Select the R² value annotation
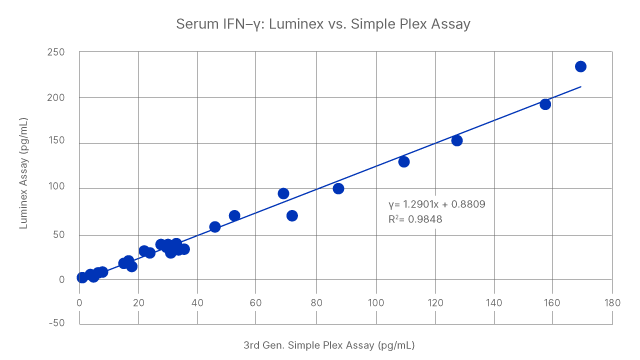[x=414, y=217]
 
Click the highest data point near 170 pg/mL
[x=581, y=67]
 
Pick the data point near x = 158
[x=546, y=103]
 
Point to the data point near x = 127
[x=457, y=141]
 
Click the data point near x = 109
[x=404, y=161]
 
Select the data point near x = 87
[x=338, y=189]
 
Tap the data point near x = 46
[x=215, y=227]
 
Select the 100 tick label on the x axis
[x=376, y=301]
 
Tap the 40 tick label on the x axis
[x=198, y=301]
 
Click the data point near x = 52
[x=235, y=216]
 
